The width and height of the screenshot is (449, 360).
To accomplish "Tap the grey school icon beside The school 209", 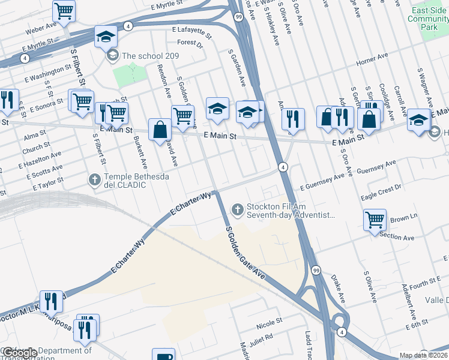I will pyautogui.click(x=112, y=56).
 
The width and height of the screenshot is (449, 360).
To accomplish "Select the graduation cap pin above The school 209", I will pyautogui.click(x=106, y=38).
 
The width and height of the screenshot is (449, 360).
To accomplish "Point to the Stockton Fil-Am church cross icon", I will pyautogui.click(x=238, y=209).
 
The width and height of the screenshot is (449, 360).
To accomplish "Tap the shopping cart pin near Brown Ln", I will pyautogui.click(x=375, y=220).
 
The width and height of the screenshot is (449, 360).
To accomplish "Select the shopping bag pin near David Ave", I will pyautogui.click(x=160, y=130).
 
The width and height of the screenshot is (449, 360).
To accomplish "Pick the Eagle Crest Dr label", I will pyautogui.click(x=381, y=193).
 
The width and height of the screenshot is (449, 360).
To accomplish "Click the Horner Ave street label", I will pyautogui.click(x=372, y=61).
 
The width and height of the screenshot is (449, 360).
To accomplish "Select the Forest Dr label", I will pyautogui.click(x=190, y=43).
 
